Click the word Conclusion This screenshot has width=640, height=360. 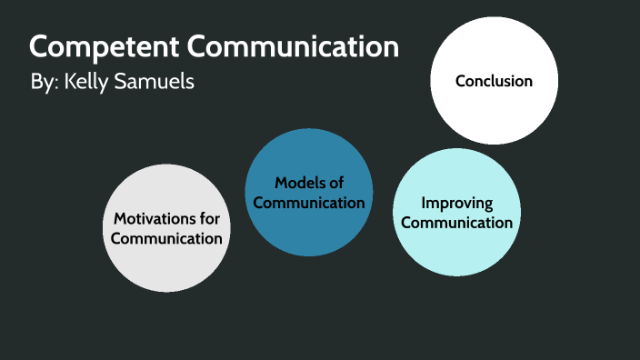click(x=494, y=81)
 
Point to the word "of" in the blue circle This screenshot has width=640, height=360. click(x=335, y=184)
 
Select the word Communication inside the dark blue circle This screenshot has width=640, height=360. click(x=309, y=203)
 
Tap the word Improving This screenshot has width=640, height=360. click(x=457, y=203)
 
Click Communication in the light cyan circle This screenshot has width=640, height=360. click(x=457, y=222)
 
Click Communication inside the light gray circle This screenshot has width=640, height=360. click(x=166, y=238)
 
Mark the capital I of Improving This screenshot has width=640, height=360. click(x=423, y=203)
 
